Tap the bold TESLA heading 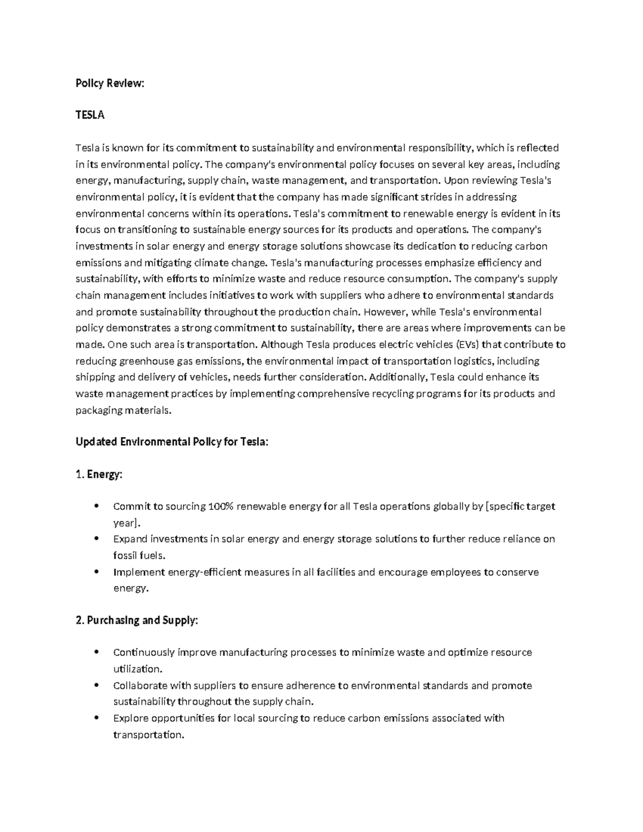tap(90, 115)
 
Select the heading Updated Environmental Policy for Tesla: tap(172, 442)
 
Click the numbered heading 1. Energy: tap(99, 474)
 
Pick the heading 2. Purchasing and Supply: tap(137, 620)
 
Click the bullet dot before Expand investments tap(96, 539)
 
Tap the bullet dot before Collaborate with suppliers tap(96, 686)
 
